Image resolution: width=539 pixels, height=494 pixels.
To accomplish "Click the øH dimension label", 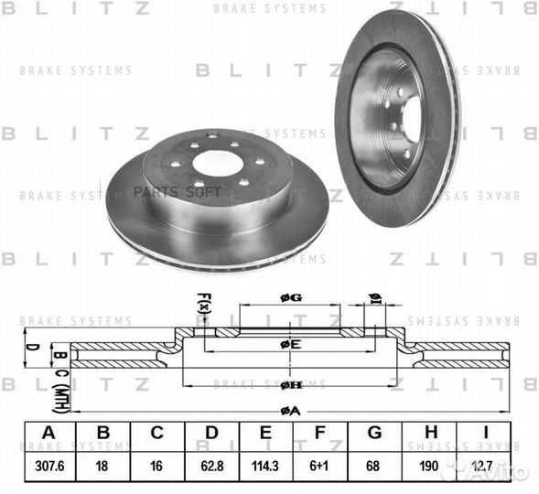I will pyautogui.click(x=290, y=385).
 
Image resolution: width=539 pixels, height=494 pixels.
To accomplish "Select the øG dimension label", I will pyautogui.click(x=290, y=297).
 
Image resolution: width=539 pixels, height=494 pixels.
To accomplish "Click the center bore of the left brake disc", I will pyautogui.click(x=218, y=163).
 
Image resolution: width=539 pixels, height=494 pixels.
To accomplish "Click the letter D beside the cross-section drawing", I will pyautogui.click(x=30, y=348).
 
